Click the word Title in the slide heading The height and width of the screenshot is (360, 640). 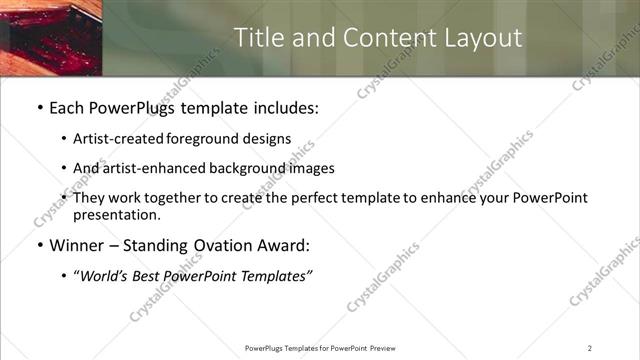click(x=256, y=37)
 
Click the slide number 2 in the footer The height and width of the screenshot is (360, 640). click(x=590, y=348)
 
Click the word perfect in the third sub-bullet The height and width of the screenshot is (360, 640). click(x=299, y=198)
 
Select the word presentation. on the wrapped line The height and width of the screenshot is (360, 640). click(x=116, y=214)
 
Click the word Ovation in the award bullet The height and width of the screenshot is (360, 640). click(x=218, y=245)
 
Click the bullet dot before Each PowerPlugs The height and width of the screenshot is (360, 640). click(x=39, y=107)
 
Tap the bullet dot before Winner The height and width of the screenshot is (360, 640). click(x=39, y=245)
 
